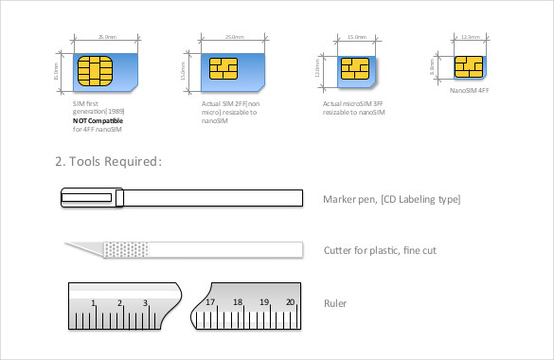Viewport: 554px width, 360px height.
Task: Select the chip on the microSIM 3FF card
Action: tap(354, 69)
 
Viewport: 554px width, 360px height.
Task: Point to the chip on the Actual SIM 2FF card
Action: tap(223, 70)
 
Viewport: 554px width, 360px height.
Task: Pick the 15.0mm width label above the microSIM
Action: tap(357, 38)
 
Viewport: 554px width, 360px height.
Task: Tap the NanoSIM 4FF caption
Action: tap(470, 92)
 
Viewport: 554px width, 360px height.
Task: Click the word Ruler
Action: tap(334, 303)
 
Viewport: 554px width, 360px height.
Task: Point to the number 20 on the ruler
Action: tap(291, 303)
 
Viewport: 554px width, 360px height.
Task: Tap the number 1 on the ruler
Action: tap(93, 303)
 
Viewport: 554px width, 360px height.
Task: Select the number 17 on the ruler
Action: tap(210, 303)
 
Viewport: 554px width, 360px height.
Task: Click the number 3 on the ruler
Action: tap(146, 303)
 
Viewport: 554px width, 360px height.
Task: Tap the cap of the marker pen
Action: tap(90, 198)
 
